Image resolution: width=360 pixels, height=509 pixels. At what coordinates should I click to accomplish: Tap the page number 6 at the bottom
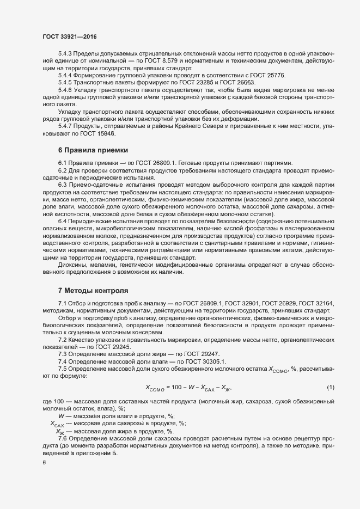[44, 463]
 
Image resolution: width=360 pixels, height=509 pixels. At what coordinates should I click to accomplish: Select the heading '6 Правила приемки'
[93, 150]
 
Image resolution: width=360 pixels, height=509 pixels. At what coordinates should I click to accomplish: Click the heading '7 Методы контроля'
[93, 291]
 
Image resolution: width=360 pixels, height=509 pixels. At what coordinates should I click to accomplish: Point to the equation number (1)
[330, 387]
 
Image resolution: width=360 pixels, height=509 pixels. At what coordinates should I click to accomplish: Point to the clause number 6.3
[62, 185]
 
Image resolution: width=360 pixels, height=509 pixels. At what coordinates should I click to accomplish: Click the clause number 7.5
[62, 368]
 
